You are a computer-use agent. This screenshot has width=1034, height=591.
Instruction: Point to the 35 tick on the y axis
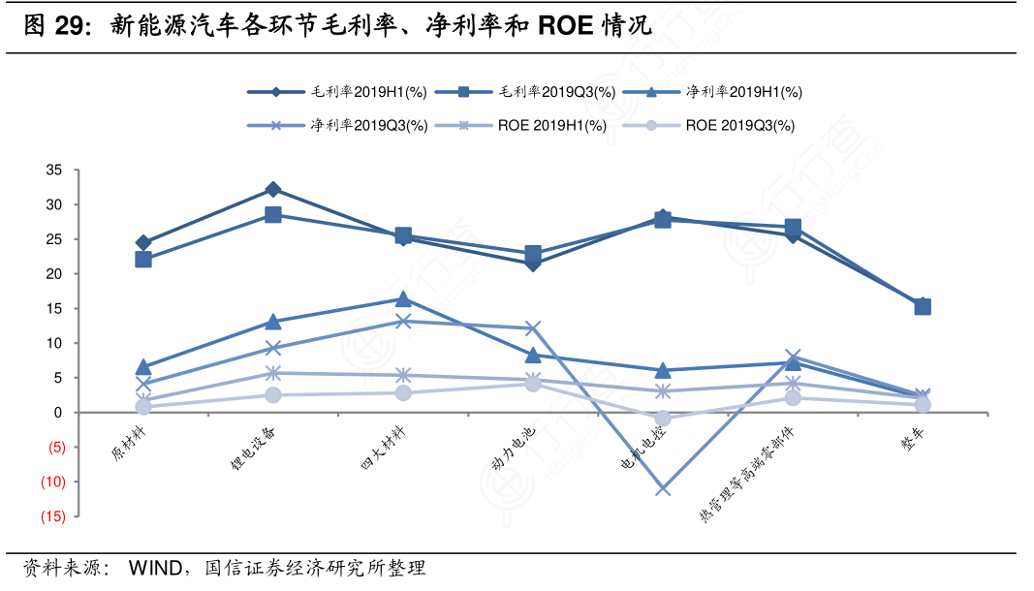coord(54,171)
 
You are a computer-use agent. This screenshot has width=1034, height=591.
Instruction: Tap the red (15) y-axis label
coord(52,516)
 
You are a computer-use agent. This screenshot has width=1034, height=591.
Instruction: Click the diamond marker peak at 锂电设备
coord(273,190)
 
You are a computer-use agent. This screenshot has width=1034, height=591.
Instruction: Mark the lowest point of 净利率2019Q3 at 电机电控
coord(663,489)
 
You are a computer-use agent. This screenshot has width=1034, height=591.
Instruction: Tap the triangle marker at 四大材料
coord(403,299)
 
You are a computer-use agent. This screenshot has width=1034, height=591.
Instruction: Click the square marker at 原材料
coord(143,260)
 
